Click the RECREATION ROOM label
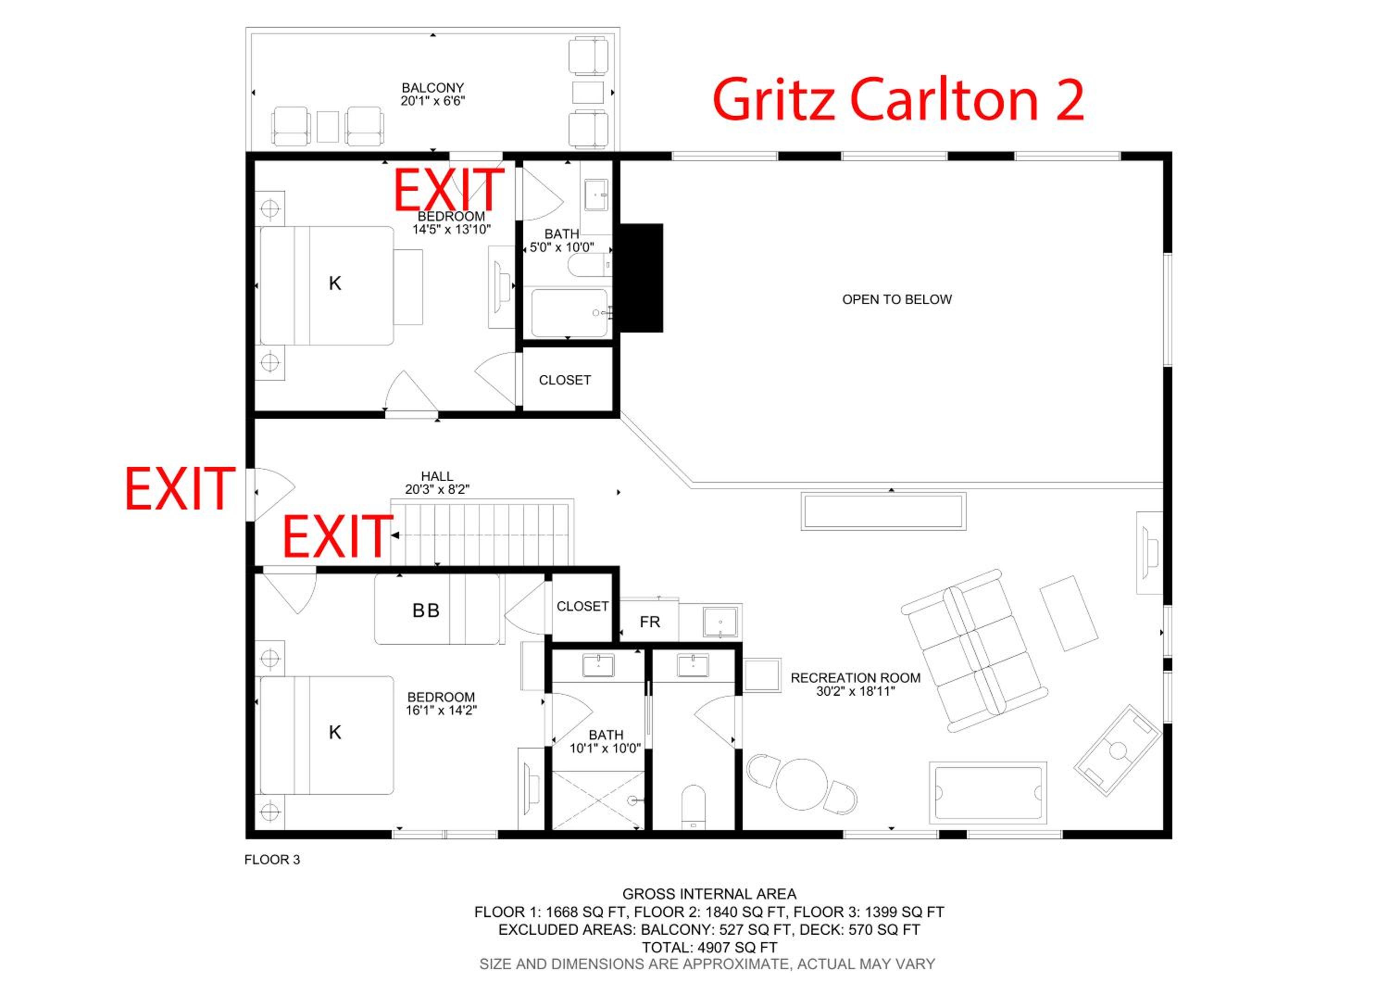[x=856, y=678]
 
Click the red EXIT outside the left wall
[x=180, y=489]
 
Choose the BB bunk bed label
[x=426, y=611]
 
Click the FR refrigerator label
[x=650, y=622]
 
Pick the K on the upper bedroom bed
[x=335, y=283]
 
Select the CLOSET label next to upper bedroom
[x=564, y=380]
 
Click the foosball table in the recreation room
[x=1118, y=750]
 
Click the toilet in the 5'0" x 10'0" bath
[x=589, y=265]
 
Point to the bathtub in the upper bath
[x=569, y=313]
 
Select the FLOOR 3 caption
[x=272, y=860]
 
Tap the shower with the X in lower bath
[x=598, y=800]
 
